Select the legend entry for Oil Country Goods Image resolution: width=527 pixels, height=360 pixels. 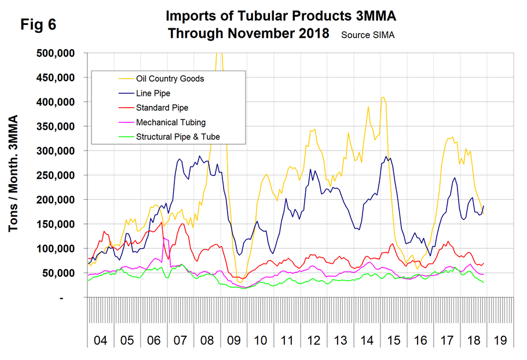coord(170,79)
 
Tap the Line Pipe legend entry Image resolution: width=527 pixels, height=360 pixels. coord(153,93)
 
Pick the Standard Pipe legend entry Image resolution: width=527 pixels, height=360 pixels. coord(162,108)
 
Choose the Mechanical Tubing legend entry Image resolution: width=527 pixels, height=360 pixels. coord(170,122)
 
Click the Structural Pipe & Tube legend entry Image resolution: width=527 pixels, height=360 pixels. coord(178,137)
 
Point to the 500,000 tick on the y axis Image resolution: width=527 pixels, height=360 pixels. coord(56,53)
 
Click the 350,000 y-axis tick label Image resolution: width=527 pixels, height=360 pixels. coord(56,126)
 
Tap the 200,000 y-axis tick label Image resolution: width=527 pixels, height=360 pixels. coord(56,200)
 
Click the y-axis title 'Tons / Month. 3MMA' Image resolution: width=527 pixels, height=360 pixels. coord(14,174)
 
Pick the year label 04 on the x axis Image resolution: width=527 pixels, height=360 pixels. coord(100,340)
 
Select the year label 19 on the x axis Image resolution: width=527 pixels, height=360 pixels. coord(500,340)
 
